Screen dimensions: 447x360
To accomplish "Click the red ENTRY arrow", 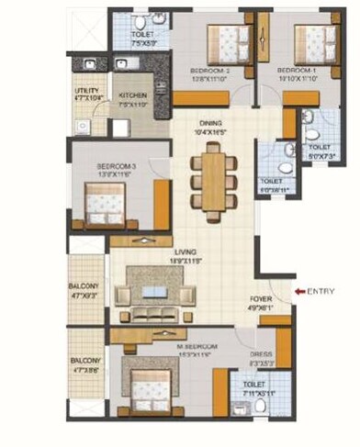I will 298,292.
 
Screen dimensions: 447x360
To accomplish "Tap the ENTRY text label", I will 321,292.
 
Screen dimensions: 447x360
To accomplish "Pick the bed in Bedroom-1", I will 311,41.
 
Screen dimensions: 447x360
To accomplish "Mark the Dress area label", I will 262,352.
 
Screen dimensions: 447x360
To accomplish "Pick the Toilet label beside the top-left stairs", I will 129,34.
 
